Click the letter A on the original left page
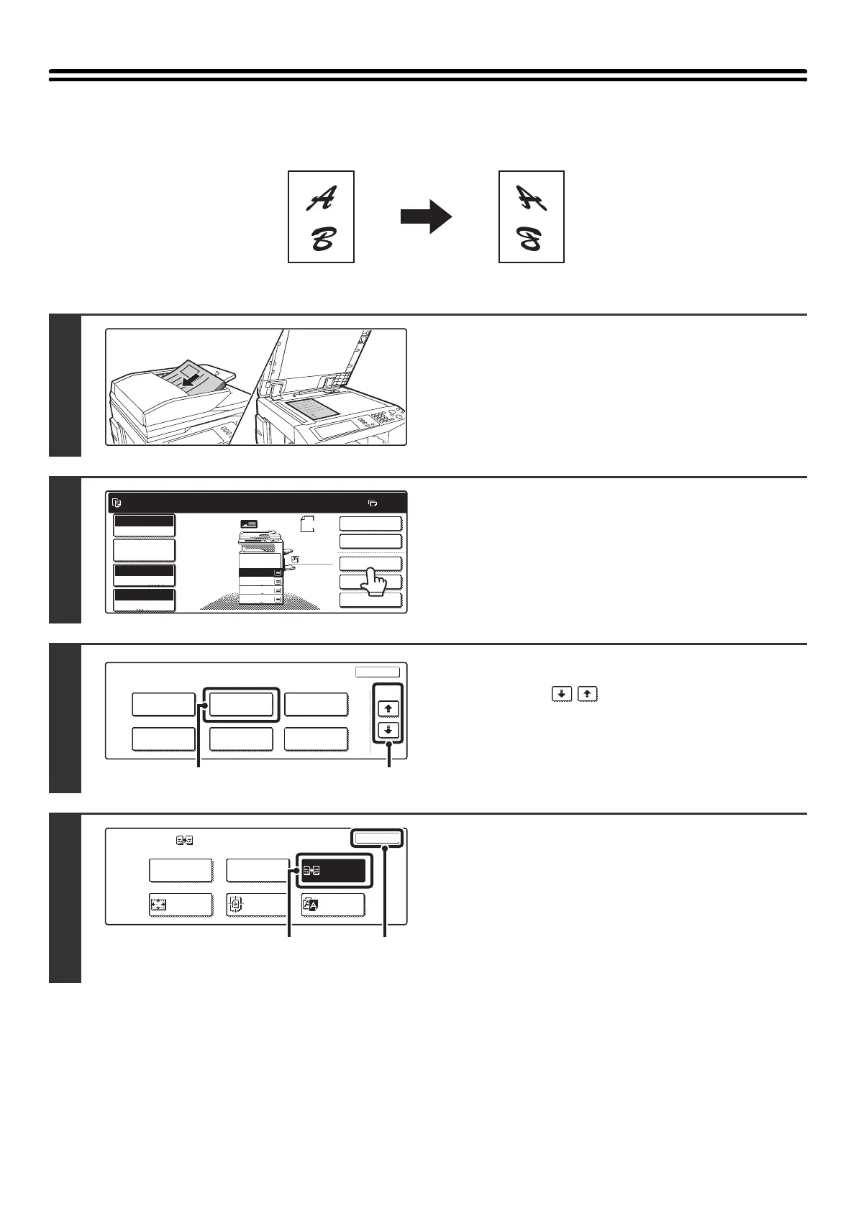(321, 198)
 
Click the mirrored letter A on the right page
(532, 198)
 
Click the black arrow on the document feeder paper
(191, 380)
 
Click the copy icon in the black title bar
(117, 503)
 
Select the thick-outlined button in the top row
(240, 705)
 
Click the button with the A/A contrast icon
(333, 905)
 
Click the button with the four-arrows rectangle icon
(180, 905)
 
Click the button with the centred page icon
(258, 905)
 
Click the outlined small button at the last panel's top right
(378, 838)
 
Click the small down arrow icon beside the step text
(562, 694)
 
